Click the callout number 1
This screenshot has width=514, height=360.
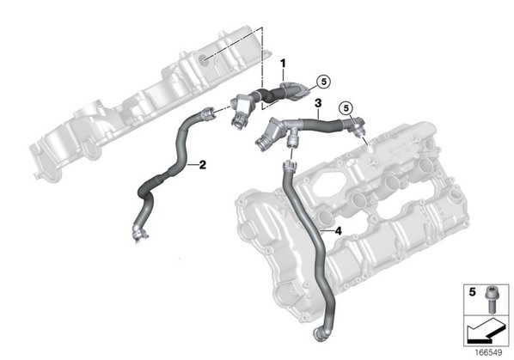click(283, 64)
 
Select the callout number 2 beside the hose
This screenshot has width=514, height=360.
click(203, 165)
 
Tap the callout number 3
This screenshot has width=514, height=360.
click(318, 103)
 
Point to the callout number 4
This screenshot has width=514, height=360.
click(339, 231)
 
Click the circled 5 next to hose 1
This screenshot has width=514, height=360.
click(324, 82)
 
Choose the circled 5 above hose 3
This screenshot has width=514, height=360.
click(347, 107)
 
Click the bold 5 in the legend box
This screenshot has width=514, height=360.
click(472, 292)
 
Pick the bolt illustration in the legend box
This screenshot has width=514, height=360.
click(491, 299)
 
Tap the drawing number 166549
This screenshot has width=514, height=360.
click(488, 353)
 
